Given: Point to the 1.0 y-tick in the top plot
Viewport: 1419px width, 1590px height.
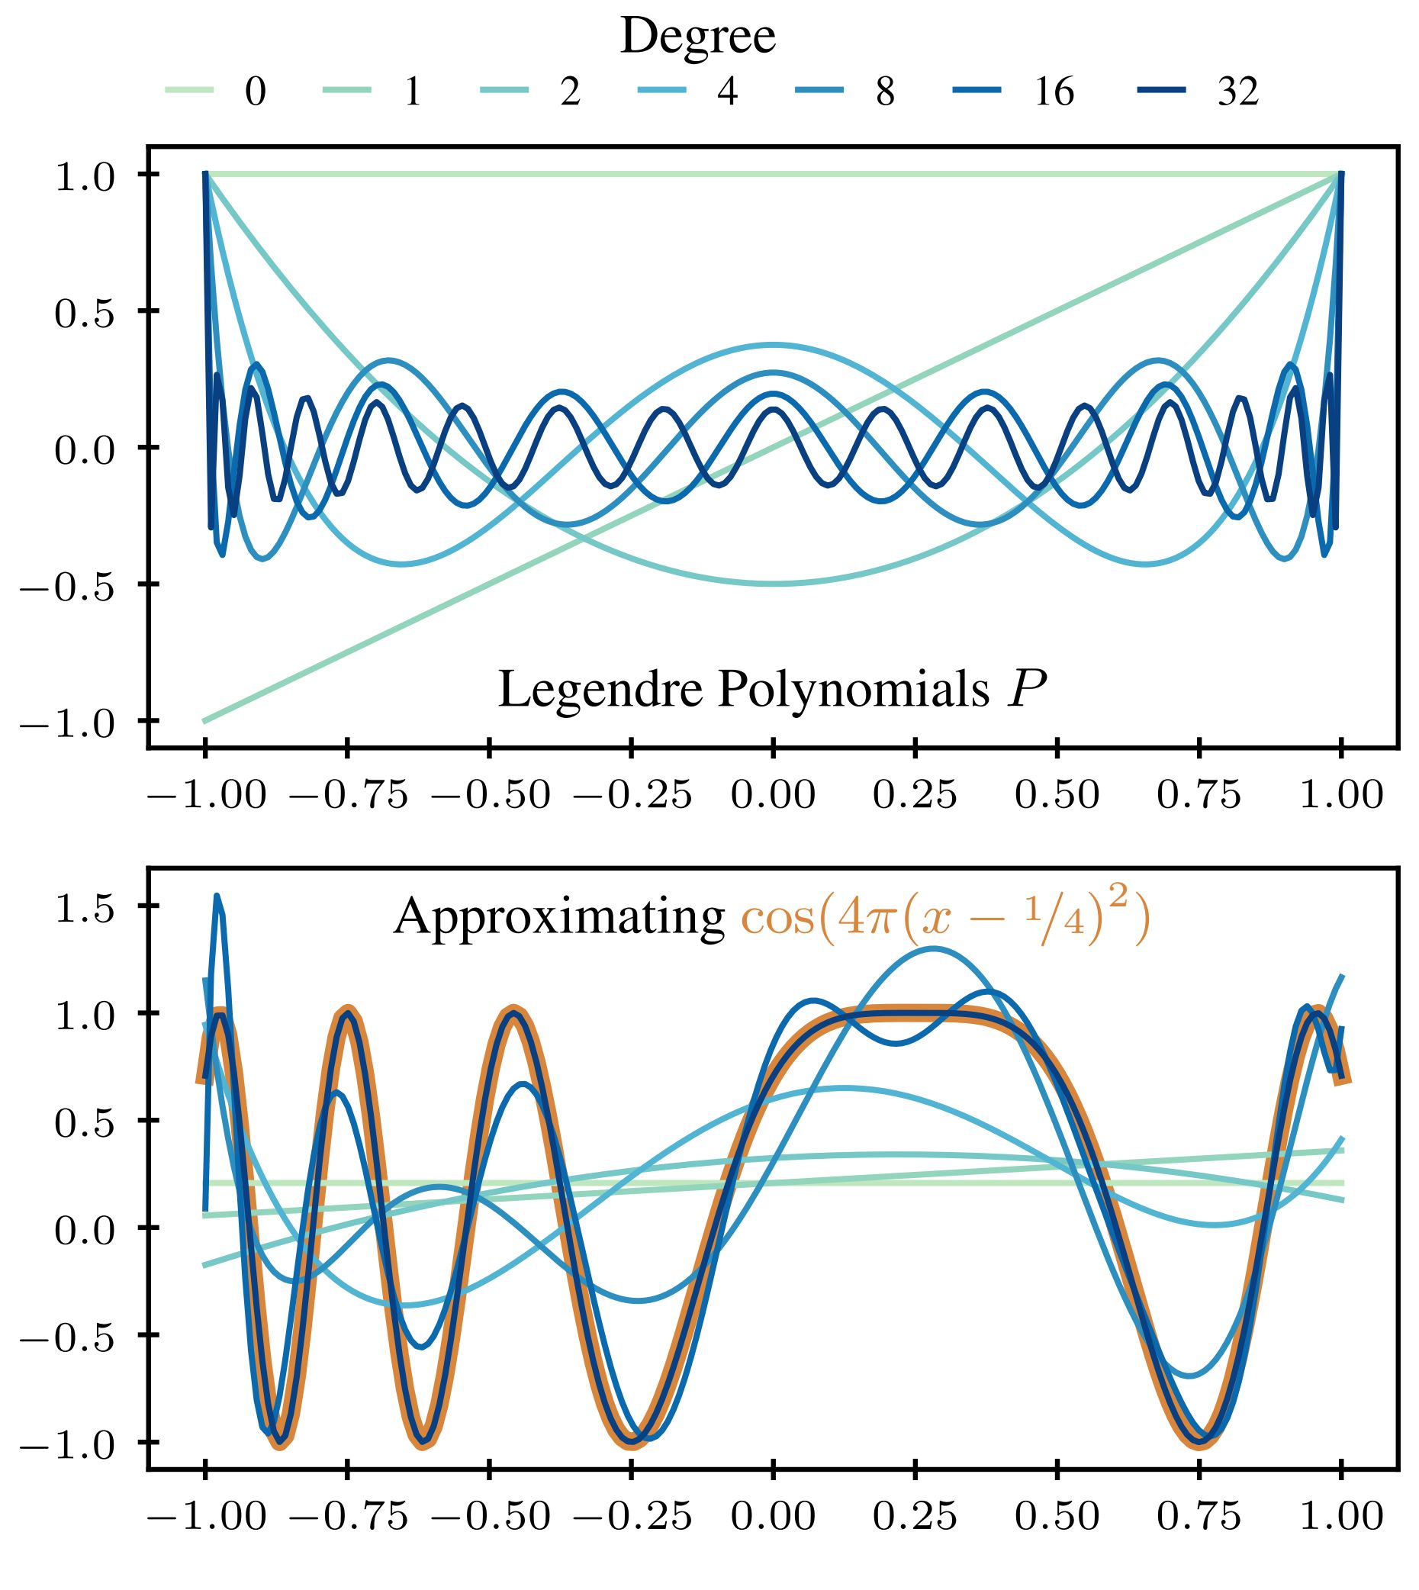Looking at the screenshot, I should pos(84,176).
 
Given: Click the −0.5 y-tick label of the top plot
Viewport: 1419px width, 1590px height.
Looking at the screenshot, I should pos(66,587).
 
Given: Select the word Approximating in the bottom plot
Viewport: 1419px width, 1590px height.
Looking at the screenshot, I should pos(559,918).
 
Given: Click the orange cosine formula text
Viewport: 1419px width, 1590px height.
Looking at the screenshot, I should pos(944,918).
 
